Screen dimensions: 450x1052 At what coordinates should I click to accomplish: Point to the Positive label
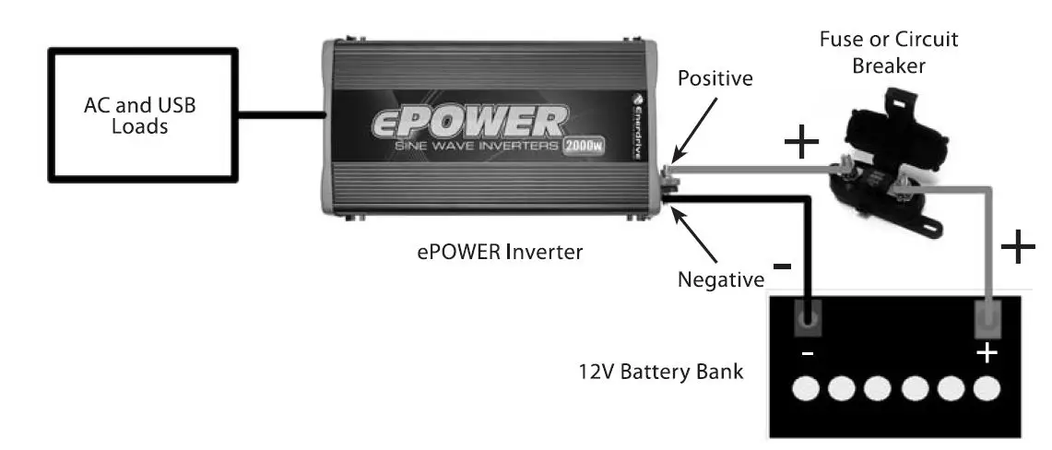[715, 78]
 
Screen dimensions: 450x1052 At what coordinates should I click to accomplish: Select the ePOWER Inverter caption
[500, 250]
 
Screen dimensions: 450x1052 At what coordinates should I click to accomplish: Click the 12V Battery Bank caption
[660, 373]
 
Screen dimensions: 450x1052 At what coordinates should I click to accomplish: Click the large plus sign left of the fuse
[801, 142]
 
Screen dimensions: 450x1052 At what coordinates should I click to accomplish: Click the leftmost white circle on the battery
[805, 389]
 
